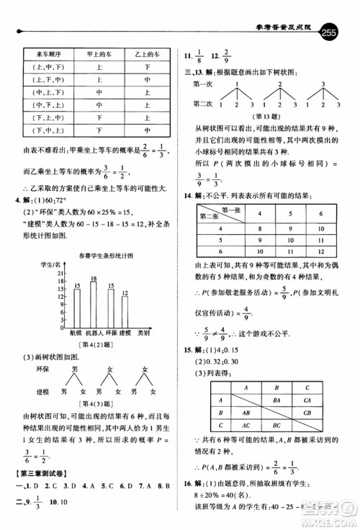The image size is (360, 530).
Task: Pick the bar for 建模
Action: (x=125, y=311)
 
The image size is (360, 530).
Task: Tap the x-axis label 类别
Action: (x=144, y=333)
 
